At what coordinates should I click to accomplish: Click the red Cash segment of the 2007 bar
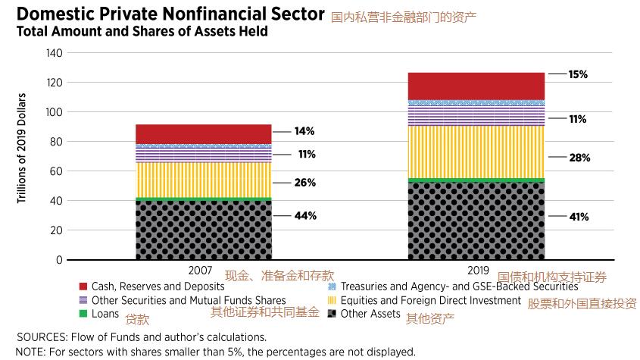tap(203, 133)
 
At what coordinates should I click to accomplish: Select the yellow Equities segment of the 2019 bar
tap(476, 152)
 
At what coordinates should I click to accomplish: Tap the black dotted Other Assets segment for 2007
tap(203, 230)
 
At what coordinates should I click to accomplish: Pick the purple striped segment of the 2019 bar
tap(476, 115)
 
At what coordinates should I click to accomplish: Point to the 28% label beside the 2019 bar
tap(579, 158)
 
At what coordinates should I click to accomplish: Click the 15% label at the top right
tap(578, 74)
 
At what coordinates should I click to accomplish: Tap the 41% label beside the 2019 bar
tap(579, 217)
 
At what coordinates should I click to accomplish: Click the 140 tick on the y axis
tap(55, 53)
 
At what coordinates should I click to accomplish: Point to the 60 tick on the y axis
tap(57, 171)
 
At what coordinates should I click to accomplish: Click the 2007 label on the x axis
tap(203, 271)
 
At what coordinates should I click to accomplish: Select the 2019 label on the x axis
tap(476, 271)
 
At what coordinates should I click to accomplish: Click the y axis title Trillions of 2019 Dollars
tap(23, 148)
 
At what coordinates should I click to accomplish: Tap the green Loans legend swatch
tap(83, 314)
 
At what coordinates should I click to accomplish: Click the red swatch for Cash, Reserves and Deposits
tap(83, 286)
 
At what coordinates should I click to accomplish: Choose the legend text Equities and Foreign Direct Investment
tap(430, 300)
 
